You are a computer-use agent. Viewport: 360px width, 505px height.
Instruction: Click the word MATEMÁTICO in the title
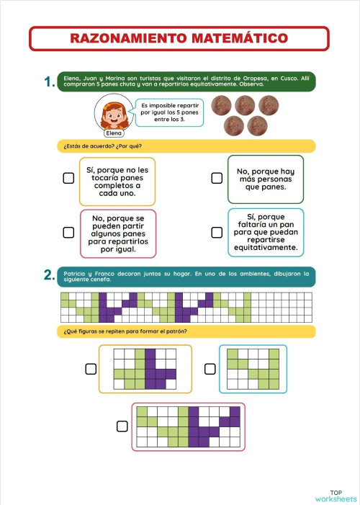coord(244,38)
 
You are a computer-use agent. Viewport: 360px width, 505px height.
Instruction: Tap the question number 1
coord(49,83)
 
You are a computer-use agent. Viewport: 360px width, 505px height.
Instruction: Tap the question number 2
coord(49,275)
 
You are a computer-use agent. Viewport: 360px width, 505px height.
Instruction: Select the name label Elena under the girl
coord(114,133)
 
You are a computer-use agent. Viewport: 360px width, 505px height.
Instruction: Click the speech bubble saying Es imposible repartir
coord(171,112)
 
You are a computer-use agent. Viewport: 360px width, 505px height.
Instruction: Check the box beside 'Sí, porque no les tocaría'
coord(68,178)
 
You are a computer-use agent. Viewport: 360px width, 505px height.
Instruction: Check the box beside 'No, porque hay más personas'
coord(216,178)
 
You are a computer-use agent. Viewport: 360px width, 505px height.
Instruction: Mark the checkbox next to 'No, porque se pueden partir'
coord(68,232)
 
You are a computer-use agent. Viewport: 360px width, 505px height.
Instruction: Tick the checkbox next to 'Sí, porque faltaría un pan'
coord(216,232)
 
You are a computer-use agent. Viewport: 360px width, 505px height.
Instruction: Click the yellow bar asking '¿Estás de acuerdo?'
coord(186,146)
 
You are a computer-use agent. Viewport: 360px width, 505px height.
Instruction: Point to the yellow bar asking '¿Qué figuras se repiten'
coord(186,331)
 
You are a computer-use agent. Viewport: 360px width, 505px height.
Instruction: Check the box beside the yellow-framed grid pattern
coord(91,369)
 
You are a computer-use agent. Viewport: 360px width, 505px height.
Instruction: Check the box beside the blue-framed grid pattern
coord(210,369)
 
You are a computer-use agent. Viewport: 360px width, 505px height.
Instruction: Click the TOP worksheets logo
coord(335,495)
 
